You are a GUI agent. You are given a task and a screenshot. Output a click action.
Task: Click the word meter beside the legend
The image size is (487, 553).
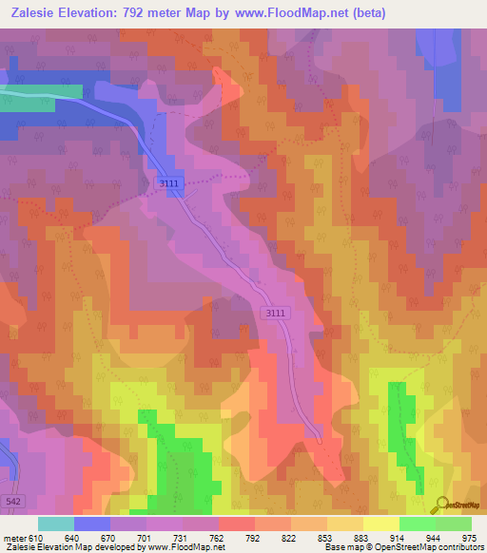pos(14,537)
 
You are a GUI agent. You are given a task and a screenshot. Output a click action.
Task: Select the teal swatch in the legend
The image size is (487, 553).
pos(56,524)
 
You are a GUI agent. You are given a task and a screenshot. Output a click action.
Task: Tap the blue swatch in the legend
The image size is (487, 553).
pos(92,524)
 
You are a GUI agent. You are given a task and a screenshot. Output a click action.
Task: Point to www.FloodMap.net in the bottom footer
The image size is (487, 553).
pos(181,547)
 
